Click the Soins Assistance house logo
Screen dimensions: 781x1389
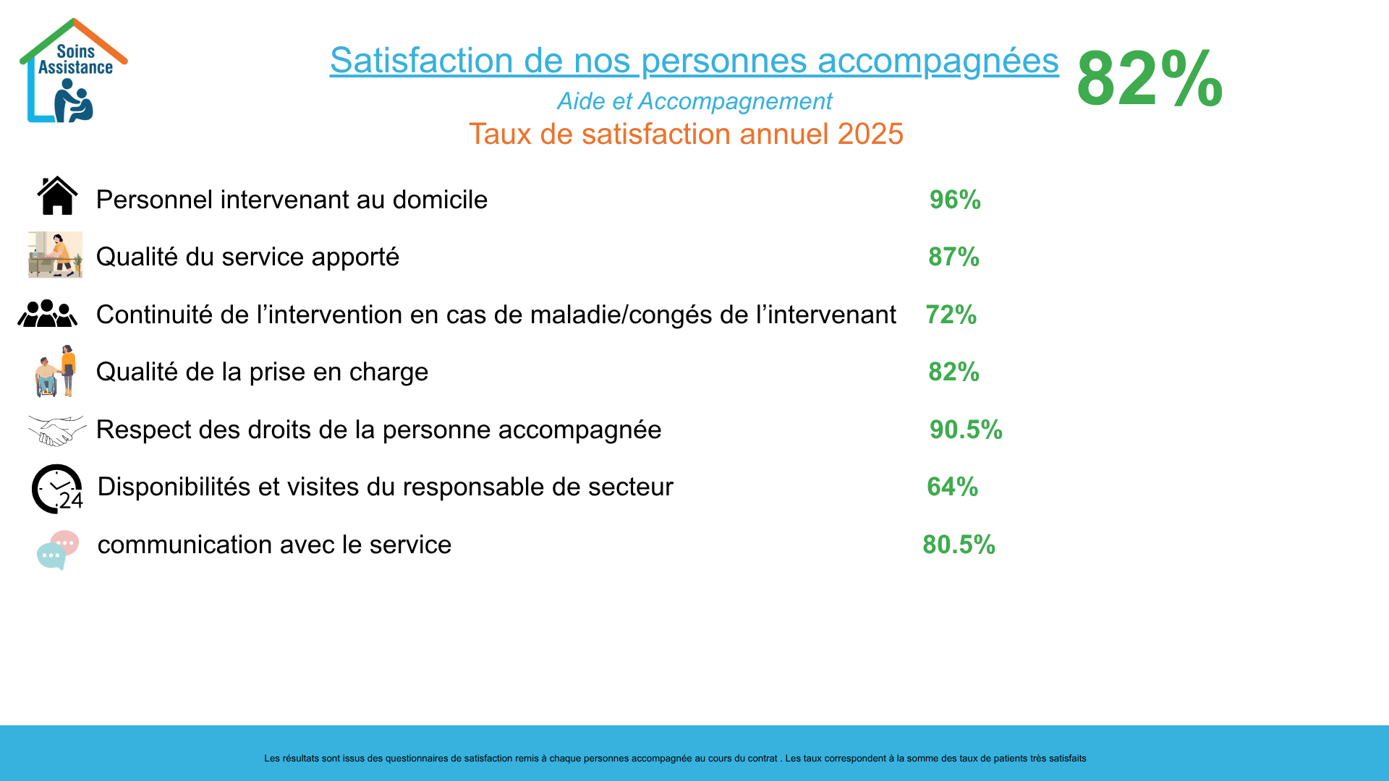pyautogui.click(x=73, y=71)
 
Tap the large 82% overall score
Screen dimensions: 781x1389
pyautogui.click(x=1149, y=78)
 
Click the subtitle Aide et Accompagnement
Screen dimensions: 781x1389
pyautogui.click(x=694, y=101)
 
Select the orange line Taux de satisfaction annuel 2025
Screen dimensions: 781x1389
pyautogui.click(x=686, y=135)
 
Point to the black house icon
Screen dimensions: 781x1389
pyautogui.click(x=57, y=196)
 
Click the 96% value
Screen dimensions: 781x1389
pyautogui.click(x=955, y=200)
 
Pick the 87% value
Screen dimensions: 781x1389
pyautogui.click(x=953, y=257)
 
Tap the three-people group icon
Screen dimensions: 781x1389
pyautogui.click(x=48, y=314)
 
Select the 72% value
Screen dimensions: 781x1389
pyautogui.click(x=951, y=315)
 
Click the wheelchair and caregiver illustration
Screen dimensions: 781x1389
pyautogui.click(x=56, y=371)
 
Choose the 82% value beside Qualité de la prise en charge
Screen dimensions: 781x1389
pyautogui.click(x=953, y=372)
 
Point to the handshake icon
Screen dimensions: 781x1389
pyautogui.click(x=56, y=430)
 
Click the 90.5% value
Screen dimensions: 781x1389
pyautogui.click(x=966, y=430)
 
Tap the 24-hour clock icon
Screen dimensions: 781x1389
pyautogui.click(x=57, y=489)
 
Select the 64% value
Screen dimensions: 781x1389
pyautogui.click(x=952, y=487)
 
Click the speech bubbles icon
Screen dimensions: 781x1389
pyautogui.click(x=57, y=550)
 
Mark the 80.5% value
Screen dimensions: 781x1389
pyautogui.click(x=959, y=545)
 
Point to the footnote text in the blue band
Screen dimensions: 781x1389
pyautogui.click(x=675, y=759)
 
